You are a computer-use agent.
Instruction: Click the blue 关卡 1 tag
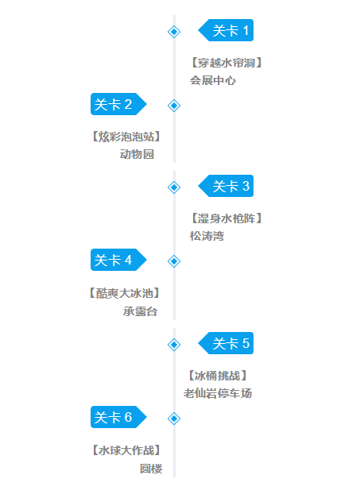pyautogui.click(x=226, y=30)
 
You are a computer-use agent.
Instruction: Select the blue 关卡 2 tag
pyautogui.click(x=118, y=104)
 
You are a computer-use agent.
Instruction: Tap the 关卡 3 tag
pyautogui.click(x=226, y=186)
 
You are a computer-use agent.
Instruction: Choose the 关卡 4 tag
pyautogui.click(x=118, y=260)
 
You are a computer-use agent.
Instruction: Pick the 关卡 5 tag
pyautogui.click(x=226, y=343)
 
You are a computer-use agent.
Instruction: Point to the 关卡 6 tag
pyautogui.click(x=118, y=417)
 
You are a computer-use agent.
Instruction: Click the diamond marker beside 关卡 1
pyautogui.click(x=174, y=32)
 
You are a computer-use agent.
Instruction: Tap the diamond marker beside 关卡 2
pyautogui.click(x=174, y=106)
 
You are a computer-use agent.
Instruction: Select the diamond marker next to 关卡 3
pyautogui.click(x=174, y=187)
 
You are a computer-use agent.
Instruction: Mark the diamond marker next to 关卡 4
pyautogui.click(x=174, y=261)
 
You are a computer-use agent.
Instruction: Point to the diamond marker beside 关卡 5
pyautogui.click(x=174, y=345)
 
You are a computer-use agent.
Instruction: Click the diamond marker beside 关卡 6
pyautogui.click(x=174, y=419)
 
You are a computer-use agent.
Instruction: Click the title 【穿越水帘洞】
pyautogui.click(x=226, y=63)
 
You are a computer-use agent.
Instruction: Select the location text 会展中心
pyautogui.click(x=213, y=80)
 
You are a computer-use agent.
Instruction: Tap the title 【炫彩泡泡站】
pyautogui.click(x=126, y=137)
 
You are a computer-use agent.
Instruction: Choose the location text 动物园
pyautogui.click(x=137, y=154)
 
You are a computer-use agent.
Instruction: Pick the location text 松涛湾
pyautogui.click(x=207, y=236)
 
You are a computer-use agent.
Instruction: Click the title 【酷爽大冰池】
pyautogui.click(x=124, y=293)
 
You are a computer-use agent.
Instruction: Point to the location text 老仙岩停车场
pyautogui.click(x=218, y=393)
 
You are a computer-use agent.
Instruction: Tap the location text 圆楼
pyautogui.click(x=151, y=469)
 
